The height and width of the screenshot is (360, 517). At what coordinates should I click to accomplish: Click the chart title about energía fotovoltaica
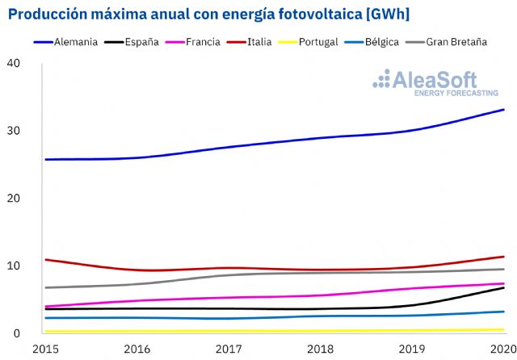coord(208,14)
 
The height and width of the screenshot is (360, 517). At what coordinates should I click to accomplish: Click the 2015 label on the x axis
coord(44,348)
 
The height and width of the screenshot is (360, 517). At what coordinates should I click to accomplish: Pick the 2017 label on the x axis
coord(229,348)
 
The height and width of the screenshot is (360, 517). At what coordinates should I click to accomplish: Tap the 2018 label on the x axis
coord(321,348)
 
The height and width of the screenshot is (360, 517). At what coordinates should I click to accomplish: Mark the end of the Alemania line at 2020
coord(503,109)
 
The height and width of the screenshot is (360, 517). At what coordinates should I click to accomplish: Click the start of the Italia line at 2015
coord(45,260)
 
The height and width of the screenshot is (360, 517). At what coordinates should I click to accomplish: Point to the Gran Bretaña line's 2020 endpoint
coord(503,269)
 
